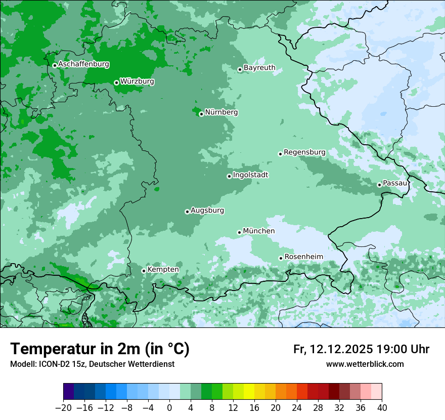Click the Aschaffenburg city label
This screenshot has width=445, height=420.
(83, 64)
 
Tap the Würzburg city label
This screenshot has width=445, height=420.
(137, 81)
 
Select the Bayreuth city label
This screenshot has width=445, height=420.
(259, 68)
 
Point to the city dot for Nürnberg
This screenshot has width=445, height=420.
(201, 114)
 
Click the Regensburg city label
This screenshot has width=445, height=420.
(304, 152)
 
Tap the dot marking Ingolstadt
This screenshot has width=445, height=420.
(229, 176)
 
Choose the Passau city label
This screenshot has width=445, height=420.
(395, 183)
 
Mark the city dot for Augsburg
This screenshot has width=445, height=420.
(187, 212)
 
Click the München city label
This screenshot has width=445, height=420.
(259, 231)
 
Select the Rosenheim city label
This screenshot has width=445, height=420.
(303, 257)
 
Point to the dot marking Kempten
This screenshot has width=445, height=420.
(144, 271)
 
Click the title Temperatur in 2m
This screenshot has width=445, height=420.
(100, 349)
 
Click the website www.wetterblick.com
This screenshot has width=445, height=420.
(365, 364)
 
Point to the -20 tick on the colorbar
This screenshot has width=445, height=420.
(63, 407)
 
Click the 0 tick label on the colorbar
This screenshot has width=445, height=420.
(169, 407)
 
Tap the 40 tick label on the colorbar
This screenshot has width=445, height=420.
(382, 407)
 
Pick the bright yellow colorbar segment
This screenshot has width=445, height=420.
(249, 392)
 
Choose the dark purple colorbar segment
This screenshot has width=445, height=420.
(68, 392)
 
